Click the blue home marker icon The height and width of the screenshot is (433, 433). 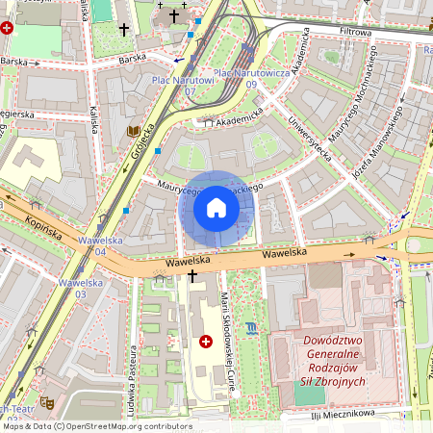click(x=216, y=207)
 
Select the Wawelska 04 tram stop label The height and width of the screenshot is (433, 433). click(x=81, y=246)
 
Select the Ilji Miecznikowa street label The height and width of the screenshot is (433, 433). click(x=342, y=413)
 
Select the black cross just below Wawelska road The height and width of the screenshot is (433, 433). click(x=192, y=276)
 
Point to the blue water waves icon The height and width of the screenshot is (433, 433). click(x=251, y=329)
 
